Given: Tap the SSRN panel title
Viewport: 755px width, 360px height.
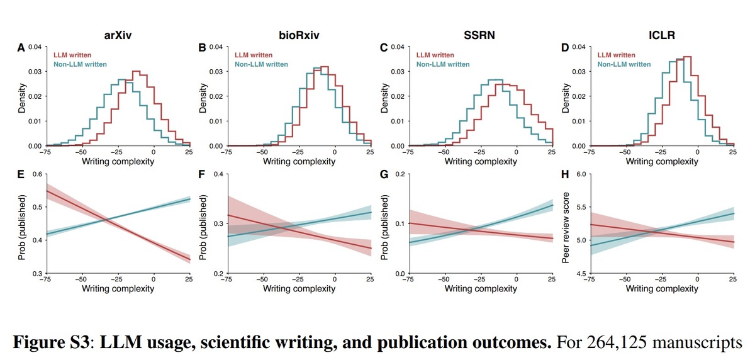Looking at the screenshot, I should [479, 35].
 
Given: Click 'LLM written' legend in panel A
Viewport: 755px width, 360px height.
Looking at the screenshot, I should [73, 55].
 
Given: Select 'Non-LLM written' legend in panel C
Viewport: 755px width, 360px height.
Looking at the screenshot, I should [443, 64].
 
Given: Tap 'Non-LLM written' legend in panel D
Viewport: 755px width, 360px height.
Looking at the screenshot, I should [624, 64].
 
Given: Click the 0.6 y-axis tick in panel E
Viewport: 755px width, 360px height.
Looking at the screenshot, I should [36, 174].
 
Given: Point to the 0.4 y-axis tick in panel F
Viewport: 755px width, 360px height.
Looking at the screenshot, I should [218, 174].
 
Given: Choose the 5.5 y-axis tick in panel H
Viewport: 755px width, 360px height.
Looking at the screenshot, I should [580, 207].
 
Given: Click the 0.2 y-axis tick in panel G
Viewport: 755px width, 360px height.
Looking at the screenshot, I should [399, 174].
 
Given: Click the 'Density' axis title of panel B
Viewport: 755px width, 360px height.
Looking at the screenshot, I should [203, 97].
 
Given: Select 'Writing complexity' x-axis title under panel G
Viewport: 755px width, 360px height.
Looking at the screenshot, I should [481, 289].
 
